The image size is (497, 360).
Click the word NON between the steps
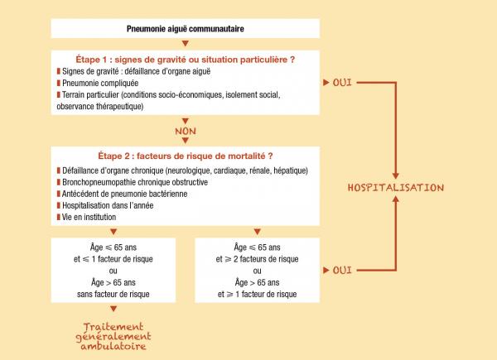(186, 131)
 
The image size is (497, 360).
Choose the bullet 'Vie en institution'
(90, 216)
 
